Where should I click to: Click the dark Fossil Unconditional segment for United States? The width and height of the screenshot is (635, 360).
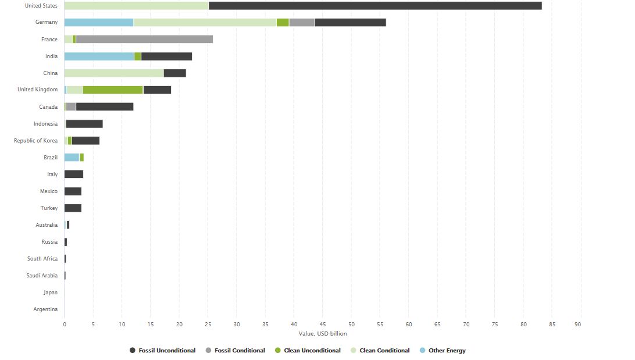[x=375, y=6]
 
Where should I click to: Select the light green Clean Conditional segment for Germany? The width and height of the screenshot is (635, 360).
[x=205, y=23]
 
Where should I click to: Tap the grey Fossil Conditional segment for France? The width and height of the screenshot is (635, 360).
[x=144, y=40]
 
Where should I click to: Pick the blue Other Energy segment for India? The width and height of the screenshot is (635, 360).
[x=99, y=56]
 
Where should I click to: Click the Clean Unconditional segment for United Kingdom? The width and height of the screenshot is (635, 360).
[x=113, y=90]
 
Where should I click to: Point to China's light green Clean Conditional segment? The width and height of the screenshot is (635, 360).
[x=114, y=73]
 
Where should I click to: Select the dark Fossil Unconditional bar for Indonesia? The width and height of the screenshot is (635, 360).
[x=84, y=124]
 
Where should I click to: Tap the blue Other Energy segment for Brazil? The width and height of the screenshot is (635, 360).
[x=72, y=158]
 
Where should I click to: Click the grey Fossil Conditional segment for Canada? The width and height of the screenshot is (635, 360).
[x=71, y=107]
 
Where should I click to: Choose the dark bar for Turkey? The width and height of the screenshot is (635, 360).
[x=73, y=208]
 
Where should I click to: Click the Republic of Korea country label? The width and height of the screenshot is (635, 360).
[x=36, y=141]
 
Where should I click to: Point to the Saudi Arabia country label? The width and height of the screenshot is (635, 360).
[x=42, y=276]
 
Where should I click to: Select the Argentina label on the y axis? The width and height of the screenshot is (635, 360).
[x=46, y=309]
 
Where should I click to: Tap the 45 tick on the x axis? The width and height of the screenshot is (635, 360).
[x=323, y=324]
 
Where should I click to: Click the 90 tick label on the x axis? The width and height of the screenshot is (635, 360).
[x=578, y=324]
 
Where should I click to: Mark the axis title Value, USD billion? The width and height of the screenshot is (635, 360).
[x=323, y=334]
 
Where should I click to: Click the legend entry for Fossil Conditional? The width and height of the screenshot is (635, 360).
[x=239, y=351]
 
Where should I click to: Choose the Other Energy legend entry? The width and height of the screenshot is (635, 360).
[x=447, y=351]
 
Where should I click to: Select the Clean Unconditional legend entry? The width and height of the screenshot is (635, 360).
[x=312, y=351]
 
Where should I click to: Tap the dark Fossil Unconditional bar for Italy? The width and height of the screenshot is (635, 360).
[x=74, y=174]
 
